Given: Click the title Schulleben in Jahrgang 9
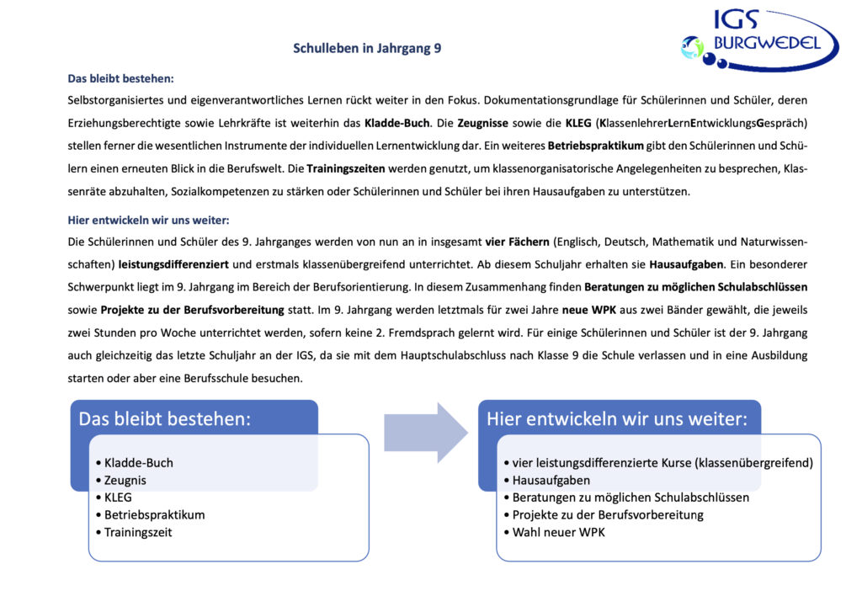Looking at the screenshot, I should point(367,49).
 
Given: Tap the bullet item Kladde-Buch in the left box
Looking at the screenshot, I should point(139,462).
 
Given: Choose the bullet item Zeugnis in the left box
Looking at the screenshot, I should point(125,480).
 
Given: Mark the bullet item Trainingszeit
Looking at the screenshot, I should point(141,532).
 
